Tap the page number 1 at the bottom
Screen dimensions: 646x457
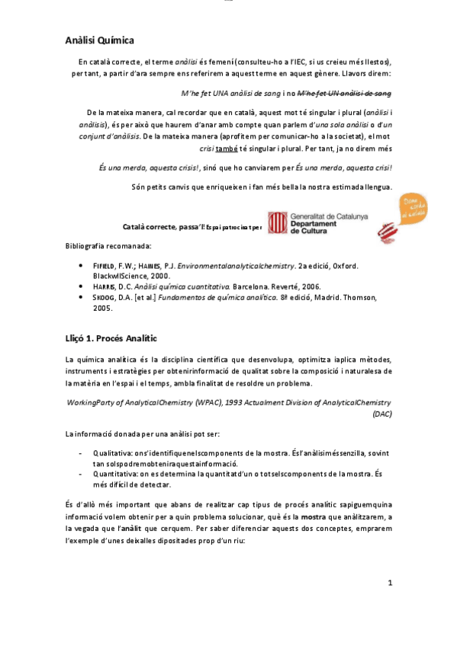[389, 583]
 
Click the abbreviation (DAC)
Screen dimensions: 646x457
[381, 414]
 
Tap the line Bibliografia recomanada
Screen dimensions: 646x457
[108, 246]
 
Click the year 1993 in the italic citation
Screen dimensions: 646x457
[236, 401]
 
